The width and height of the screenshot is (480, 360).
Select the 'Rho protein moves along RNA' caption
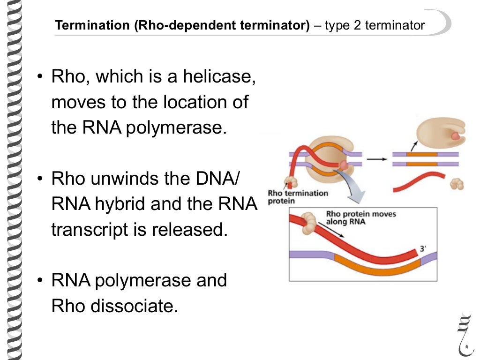tap(361, 217)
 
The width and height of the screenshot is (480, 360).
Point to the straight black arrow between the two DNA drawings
tap(377, 159)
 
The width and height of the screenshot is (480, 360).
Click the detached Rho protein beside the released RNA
tap(456, 183)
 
